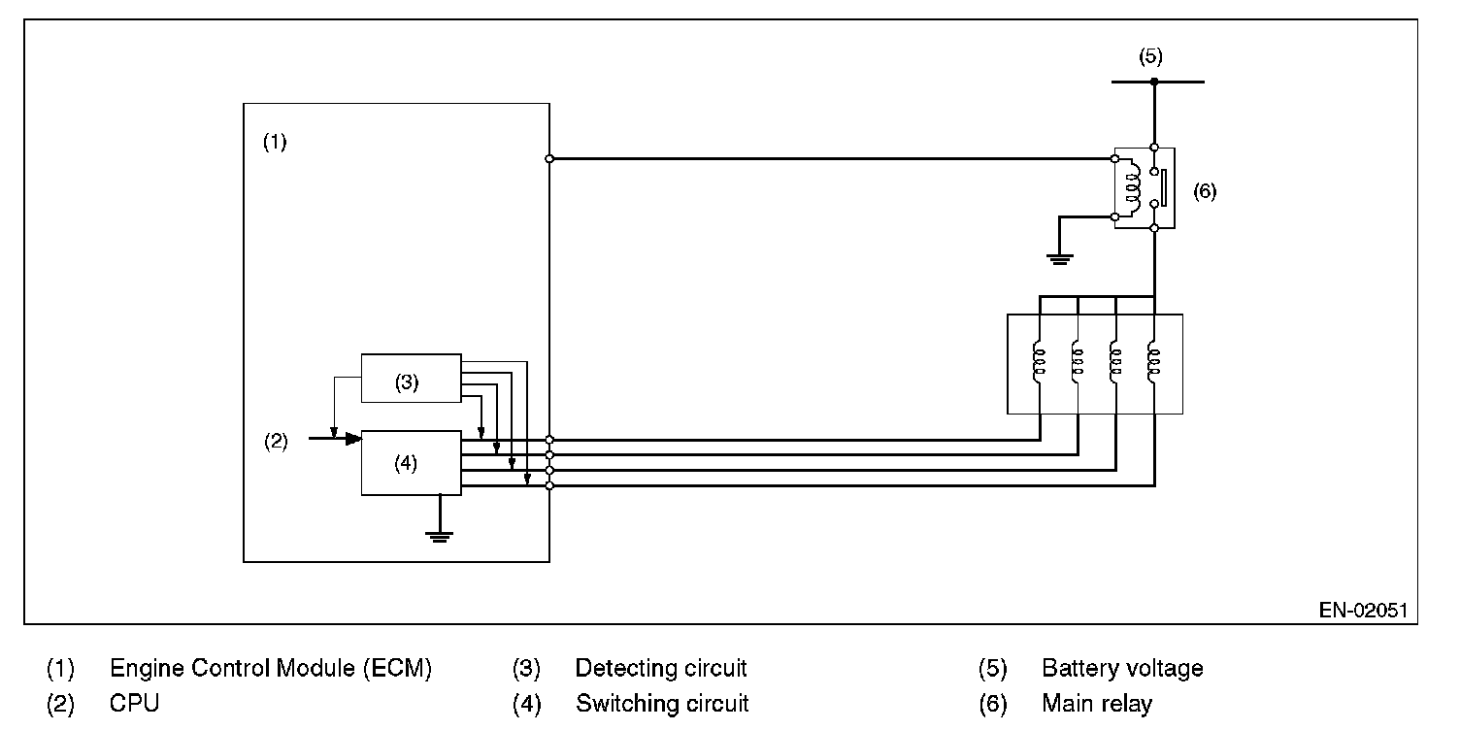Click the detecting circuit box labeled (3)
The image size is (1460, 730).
pyautogui.click(x=412, y=378)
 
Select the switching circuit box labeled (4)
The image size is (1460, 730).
pyautogui.click(x=412, y=463)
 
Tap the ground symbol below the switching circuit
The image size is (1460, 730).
pyautogui.click(x=440, y=537)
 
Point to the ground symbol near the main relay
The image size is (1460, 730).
pyautogui.click(x=1060, y=259)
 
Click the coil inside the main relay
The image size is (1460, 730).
pyautogui.click(x=1133, y=187)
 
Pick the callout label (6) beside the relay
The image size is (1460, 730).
pyautogui.click(x=1205, y=191)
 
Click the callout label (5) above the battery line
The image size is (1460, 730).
pyautogui.click(x=1150, y=56)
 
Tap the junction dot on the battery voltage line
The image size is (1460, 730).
pyautogui.click(x=1154, y=82)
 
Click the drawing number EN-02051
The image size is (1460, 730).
pyautogui.click(x=1363, y=610)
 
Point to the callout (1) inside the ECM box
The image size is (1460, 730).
pyautogui.click(x=275, y=142)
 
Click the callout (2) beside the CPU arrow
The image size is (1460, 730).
pyautogui.click(x=276, y=442)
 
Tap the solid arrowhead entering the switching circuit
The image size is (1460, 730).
pyautogui.click(x=353, y=439)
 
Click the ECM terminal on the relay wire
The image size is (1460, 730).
pyautogui.click(x=549, y=158)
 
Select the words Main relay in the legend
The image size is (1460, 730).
pyautogui.click(x=1097, y=703)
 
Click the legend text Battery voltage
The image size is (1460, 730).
pyautogui.click(x=1122, y=668)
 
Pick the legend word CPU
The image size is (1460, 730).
pyautogui.click(x=134, y=703)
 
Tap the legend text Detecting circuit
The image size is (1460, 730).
pyautogui.click(x=661, y=668)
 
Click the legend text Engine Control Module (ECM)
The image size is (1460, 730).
pyautogui.click(x=271, y=668)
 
